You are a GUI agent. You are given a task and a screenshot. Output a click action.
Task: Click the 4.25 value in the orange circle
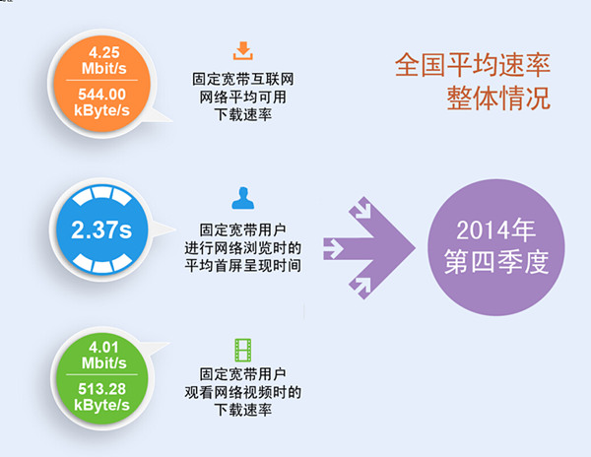coord(104,52)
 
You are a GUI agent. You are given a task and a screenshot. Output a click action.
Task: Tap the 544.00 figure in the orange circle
coord(101,95)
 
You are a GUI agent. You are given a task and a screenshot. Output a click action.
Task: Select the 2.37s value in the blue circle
coord(101,229)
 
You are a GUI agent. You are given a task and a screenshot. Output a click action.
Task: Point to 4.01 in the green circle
coord(103,347)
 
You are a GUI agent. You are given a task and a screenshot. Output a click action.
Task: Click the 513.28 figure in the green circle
coord(101,389)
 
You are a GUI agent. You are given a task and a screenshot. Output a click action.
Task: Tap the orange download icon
coord(242,51)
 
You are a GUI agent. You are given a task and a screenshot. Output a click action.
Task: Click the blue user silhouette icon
coord(242,198)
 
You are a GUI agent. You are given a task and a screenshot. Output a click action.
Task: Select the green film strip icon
coord(242,350)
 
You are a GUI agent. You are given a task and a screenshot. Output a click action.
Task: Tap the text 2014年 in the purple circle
coord(496,229)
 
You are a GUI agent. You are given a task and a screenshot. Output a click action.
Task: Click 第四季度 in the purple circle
coord(496,262)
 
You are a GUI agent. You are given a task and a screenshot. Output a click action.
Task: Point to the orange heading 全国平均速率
coord(473,65)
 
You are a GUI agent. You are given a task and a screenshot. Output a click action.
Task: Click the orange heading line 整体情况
coord(498,98)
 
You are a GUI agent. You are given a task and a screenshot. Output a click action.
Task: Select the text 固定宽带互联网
coord(242,79)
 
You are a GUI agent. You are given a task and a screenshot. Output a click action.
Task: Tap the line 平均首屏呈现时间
coord(242,266)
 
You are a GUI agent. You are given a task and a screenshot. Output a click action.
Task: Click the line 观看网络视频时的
coord(242,392)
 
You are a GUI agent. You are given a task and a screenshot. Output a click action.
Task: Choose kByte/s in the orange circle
coord(101,110)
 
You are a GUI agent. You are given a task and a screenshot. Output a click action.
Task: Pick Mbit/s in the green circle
coord(104,363)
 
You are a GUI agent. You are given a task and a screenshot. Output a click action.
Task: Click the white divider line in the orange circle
coord(101,80)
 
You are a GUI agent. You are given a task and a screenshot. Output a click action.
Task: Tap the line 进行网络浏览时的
coord(242,248)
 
